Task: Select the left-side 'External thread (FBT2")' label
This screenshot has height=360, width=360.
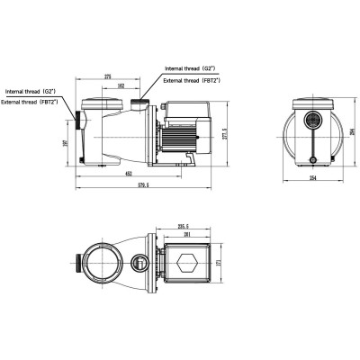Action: (x=32, y=101)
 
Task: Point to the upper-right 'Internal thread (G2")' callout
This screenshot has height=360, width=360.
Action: (x=191, y=68)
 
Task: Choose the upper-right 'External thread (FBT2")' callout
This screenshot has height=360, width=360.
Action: (x=193, y=81)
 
